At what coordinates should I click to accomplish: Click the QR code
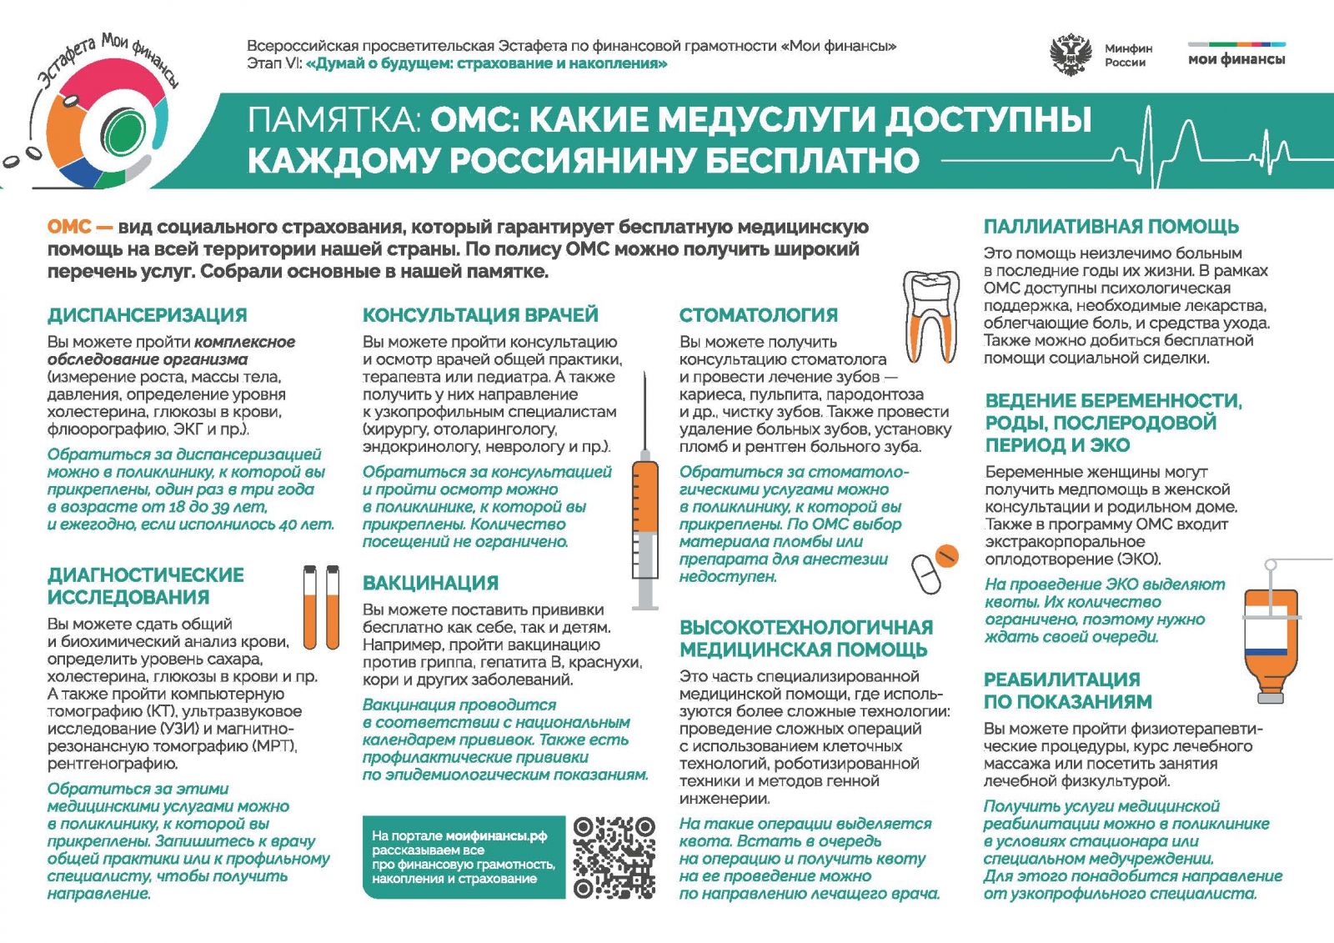(614, 857)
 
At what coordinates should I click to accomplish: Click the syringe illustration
(644, 492)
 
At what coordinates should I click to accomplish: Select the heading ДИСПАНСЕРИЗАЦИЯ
(148, 315)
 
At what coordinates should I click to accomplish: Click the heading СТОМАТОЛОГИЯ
(758, 315)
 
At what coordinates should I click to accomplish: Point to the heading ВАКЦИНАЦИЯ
(430, 583)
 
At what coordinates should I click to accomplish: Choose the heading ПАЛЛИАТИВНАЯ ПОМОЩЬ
(1111, 227)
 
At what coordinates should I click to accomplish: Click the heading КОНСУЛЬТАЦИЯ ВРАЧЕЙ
(480, 315)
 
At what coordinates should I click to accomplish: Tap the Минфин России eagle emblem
(1071, 54)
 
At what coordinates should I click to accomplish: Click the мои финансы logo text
(1236, 59)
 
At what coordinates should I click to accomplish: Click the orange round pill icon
(946, 555)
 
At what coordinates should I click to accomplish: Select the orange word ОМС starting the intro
(69, 227)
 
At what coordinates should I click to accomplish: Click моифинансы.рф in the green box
(496, 835)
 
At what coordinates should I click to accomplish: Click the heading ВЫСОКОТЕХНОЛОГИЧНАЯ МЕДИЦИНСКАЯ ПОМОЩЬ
(805, 639)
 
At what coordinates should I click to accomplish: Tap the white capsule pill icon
(925, 574)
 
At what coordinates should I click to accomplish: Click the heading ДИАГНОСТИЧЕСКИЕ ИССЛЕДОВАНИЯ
(146, 586)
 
